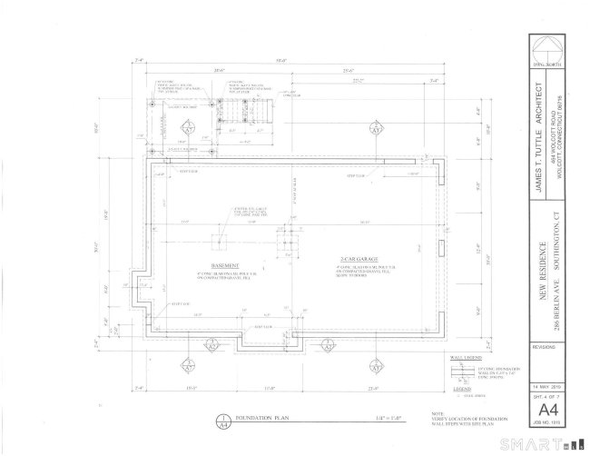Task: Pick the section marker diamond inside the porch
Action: (188, 127)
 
